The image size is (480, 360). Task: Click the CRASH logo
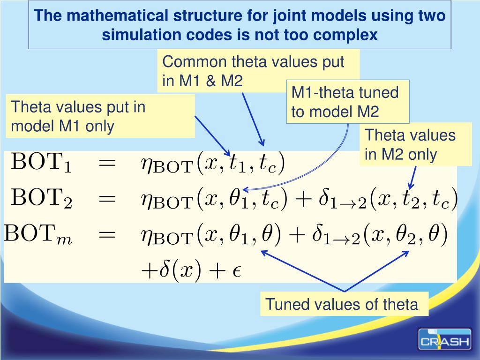click(x=444, y=339)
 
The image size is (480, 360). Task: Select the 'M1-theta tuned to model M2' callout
click(x=347, y=102)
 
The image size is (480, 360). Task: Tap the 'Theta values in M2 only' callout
click(x=416, y=144)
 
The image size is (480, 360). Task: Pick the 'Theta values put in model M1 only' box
click(x=100, y=116)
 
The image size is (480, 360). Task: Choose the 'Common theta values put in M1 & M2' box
click(x=259, y=71)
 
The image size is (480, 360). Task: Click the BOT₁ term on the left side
click(x=42, y=164)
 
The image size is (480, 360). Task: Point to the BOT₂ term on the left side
click(x=42, y=199)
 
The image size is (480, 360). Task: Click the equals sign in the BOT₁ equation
click(x=107, y=163)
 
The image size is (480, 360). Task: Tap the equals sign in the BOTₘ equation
click(x=107, y=233)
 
